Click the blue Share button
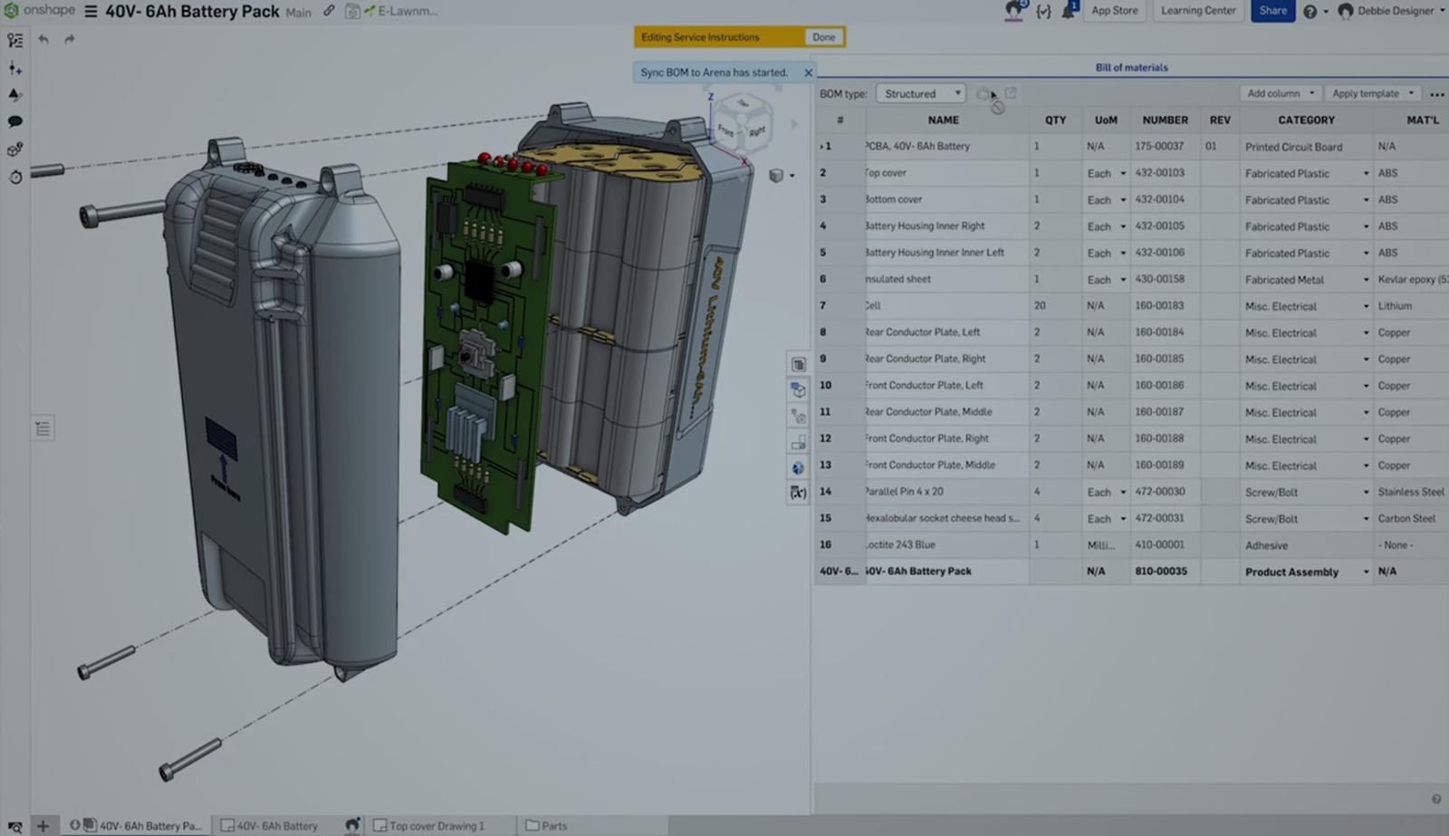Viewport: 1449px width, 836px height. coord(1271,11)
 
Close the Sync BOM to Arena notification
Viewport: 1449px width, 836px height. coord(808,72)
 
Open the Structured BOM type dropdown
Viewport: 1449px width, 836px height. coord(921,93)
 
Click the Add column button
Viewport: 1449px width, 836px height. coord(1280,93)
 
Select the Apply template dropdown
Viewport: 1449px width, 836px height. coord(1372,93)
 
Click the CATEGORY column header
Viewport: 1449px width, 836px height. coord(1305,120)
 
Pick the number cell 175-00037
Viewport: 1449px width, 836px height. coord(1159,146)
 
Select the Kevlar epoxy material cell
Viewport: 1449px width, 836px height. coord(1411,280)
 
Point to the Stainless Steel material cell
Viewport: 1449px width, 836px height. coord(1410,492)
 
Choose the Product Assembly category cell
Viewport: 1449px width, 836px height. coord(1291,572)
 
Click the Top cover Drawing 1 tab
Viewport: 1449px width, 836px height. coord(436,826)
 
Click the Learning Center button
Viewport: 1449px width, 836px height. coord(1197,11)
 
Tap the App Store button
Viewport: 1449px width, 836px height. coord(1114,11)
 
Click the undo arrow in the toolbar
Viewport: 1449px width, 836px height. coord(43,39)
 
